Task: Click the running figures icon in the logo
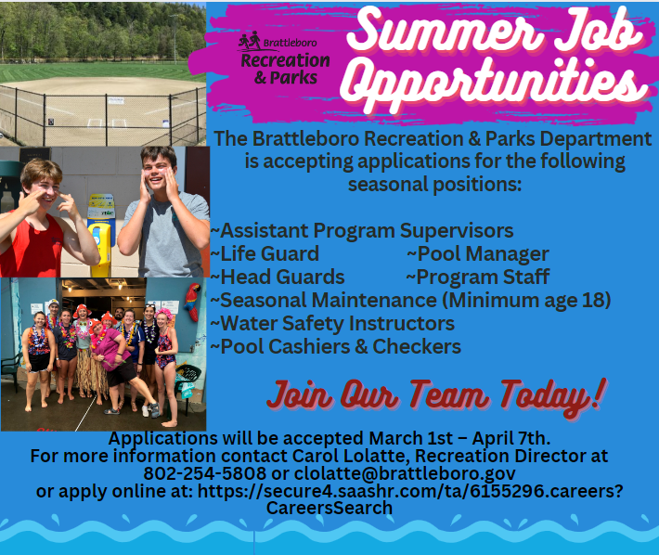(250, 40)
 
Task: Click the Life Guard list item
(265, 253)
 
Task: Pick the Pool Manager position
(477, 253)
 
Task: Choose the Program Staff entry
(477, 277)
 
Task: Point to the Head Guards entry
(278, 277)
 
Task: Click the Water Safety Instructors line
(332, 324)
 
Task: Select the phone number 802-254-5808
(205, 473)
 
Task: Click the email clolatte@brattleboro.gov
(405, 473)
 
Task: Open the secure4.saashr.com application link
(410, 491)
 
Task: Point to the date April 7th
(511, 438)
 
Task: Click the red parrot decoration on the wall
(192, 302)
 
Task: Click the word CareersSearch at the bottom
(329, 508)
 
